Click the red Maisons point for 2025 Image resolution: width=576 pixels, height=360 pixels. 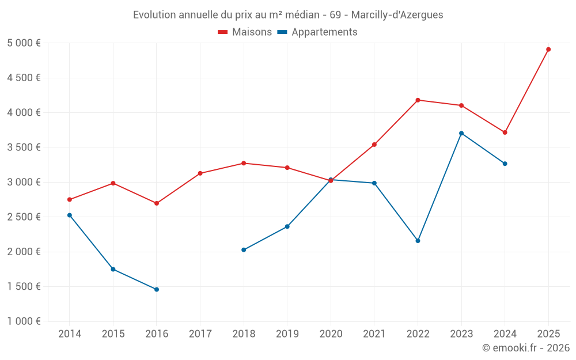pyautogui.click(x=548, y=50)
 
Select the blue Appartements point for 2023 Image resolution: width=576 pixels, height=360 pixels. pyautogui.click(x=461, y=133)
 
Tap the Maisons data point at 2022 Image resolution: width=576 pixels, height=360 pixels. pyautogui.click(x=418, y=100)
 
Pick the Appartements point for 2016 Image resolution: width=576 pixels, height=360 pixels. pyautogui.click(x=157, y=289)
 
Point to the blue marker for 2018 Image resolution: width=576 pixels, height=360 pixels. pyautogui.click(x=244, y=250)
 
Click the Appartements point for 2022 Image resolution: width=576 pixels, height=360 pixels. pyautogui.click(x=418, y=241)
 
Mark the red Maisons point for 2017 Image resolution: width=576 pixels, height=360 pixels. pyautogui.click(x=200, y=173)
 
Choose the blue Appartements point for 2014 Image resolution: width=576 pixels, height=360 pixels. pyautogui.click(x=70, y=215)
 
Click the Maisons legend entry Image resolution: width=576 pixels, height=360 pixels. pyautogui.click(x=245, y=32)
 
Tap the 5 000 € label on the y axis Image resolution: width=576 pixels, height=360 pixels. pyautogui.click(x=24, y=43)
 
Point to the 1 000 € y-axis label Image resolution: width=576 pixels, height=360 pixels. pyautogui.click(x=24, y=321)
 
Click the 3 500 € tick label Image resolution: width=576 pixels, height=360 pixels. pyautogui.click(x=24, y=147)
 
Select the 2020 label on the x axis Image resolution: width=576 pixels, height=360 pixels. pyautogui.click(x=331, y=334)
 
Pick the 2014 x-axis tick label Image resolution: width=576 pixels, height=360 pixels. pyautogui.click(x=70, y=334)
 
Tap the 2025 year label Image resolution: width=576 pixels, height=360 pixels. pyautogui.click(x=548, y=334)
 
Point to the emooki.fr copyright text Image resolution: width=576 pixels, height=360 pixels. pyautogui.click(x=525, y=348)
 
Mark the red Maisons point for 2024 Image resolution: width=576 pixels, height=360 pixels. pyautogui.click(x=505, y=132)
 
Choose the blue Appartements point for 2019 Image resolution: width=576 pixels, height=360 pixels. pyautogui.click(x=287, y=226)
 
